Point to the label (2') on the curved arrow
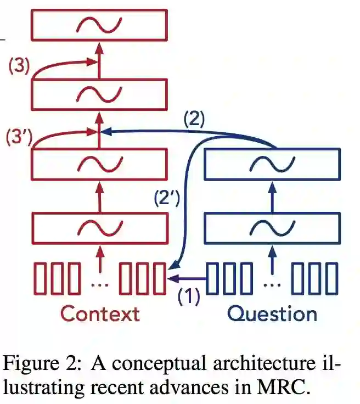(x=166, y=198)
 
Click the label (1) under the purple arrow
(x=189, y=296)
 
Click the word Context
(x=99, y=314)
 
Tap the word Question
(x=272, y=314)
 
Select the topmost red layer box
(x=99, y=25)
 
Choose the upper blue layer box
(x=272, y=163)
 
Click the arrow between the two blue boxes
(x=272, y=195)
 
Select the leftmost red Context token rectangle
(x=42, y=278)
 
